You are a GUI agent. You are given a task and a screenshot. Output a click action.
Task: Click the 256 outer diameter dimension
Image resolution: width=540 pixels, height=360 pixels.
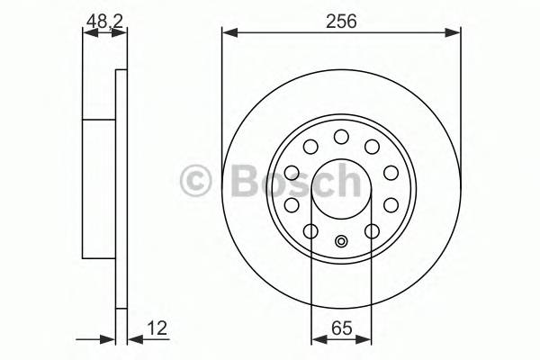tap(342, 22)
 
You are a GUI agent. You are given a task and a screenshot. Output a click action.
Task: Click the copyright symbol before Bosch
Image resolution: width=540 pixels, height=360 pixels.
tap(195, 182)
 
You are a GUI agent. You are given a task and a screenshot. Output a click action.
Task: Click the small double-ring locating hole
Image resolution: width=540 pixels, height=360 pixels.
tap(341, 240)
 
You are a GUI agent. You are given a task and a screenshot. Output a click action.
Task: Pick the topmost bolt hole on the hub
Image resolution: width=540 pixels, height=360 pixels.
tap(341, 137)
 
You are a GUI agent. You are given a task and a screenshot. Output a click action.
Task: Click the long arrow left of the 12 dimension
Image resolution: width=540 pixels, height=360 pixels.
tap(94, 340)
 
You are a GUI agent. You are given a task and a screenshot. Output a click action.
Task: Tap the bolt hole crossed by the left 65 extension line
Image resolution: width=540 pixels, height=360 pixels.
tap(311, 232)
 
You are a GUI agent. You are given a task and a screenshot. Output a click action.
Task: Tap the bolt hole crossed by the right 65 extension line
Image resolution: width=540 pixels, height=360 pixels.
tap(371, 232)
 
